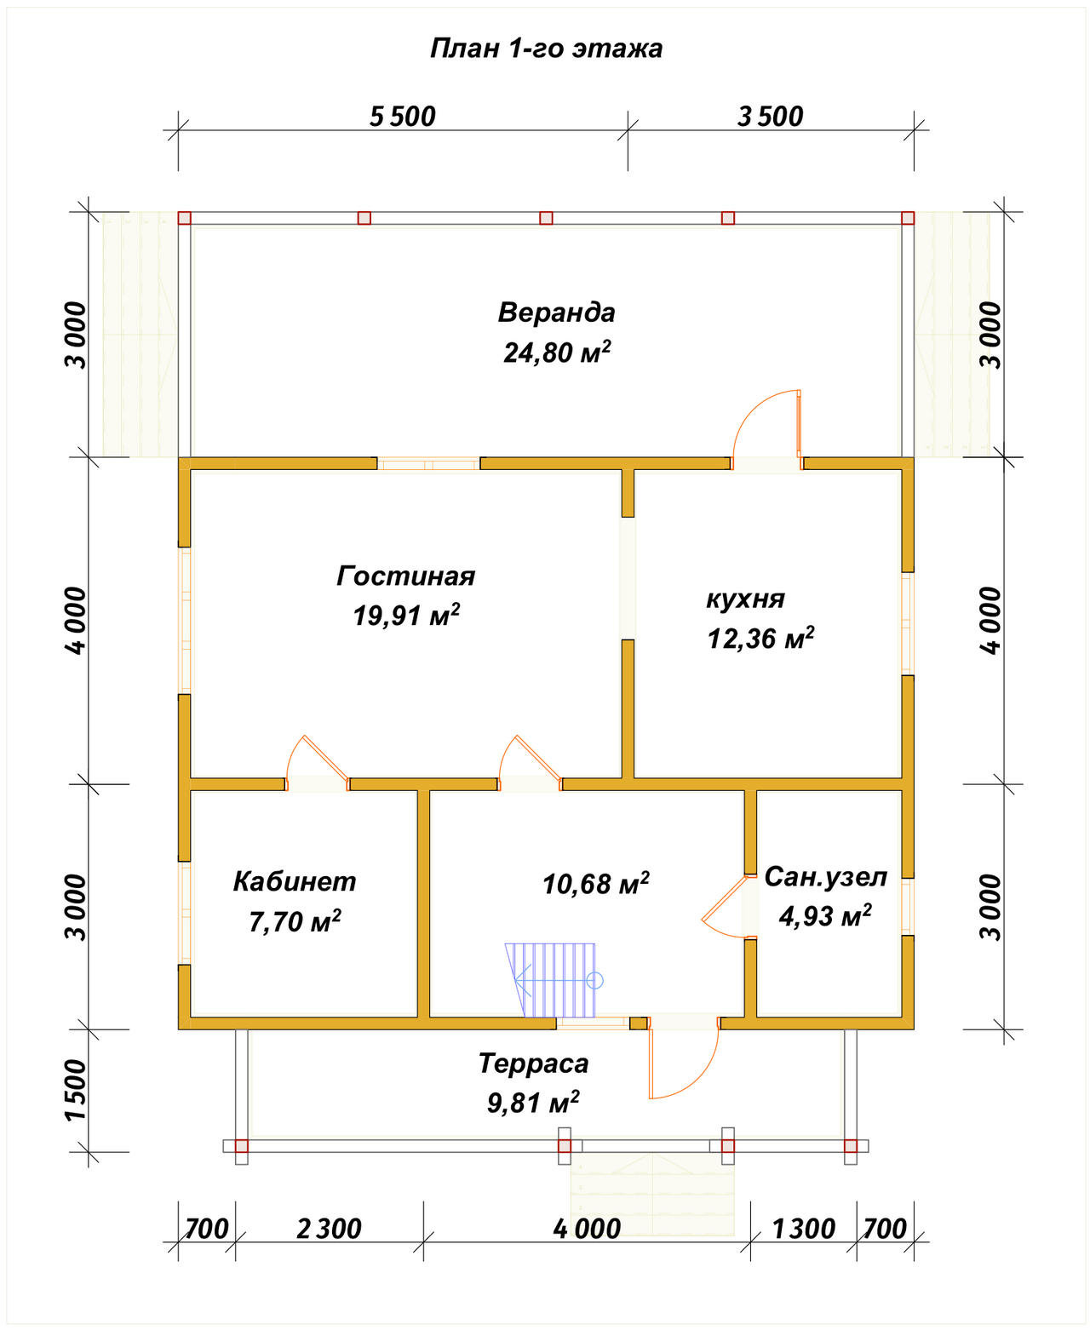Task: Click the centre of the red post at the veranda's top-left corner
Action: click(184, 218)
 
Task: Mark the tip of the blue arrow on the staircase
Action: click(515, 981)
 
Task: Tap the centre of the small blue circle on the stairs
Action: click(595, 981)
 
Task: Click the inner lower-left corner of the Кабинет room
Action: click(191, 1017)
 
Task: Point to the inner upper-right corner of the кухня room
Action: click(901, 470)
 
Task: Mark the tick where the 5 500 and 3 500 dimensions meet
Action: click(628, 130)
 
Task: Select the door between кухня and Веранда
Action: click(767, 431)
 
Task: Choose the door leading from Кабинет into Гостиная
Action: click(318, 763)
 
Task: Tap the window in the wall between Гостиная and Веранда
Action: click(429, 464)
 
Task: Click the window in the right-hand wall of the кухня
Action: click(907, 623)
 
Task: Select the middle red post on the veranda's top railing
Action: click(546, 218)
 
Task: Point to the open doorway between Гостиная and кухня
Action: click(628, 578)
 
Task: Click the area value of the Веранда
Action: click(557, 353)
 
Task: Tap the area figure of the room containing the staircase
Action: click(596, 884)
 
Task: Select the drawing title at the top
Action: click(546, 49)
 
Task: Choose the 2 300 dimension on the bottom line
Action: click(329, 1229)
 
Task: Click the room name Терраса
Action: click(534, 1063)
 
